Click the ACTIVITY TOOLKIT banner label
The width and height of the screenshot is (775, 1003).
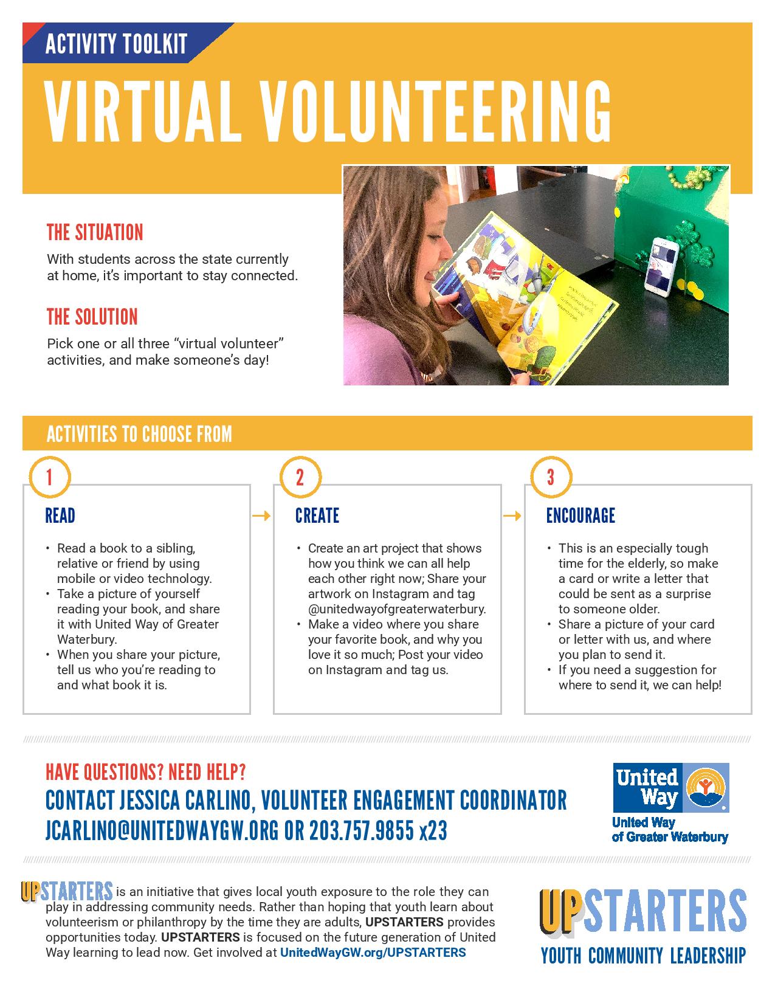[116, 44]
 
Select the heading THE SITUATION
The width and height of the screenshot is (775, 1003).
[95, 232]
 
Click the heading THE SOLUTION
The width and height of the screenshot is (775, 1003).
[92, 317]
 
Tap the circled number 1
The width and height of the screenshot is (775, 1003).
[49, 477]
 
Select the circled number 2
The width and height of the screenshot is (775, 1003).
[300, 477]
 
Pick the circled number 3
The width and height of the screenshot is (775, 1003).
[551, 477]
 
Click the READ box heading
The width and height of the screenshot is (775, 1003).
[60, 516]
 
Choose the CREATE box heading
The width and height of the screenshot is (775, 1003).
[317, 516]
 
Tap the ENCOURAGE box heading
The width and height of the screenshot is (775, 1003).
[580, 516]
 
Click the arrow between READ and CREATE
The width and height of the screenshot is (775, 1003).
[261, 516]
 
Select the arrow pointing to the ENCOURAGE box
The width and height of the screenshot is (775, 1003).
[512, 516]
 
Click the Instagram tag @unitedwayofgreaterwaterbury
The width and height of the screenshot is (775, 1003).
[397, 609]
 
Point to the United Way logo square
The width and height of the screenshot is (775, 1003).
[670, 788]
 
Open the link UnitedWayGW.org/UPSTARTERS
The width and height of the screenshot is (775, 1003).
[373, 953]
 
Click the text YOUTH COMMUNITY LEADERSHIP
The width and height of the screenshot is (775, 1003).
[643, 956]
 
